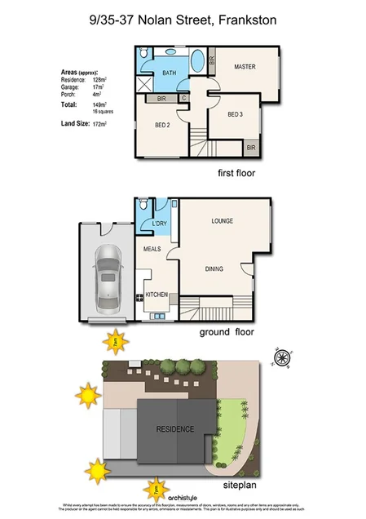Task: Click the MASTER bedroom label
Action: [x=245, y=67]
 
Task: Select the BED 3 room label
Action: [x=236, y=113]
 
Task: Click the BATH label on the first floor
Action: [x=169, y=73]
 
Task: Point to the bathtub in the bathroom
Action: [x=198, y=63]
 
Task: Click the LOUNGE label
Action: [x=223, y=221]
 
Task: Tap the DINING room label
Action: [x=214, y=268]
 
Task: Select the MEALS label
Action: [x=152, y=249]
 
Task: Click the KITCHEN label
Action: [x=157, y=294]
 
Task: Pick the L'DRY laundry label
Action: [x=159, y=224]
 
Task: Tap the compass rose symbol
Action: [x=282, y=357]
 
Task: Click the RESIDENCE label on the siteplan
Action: [x=175, y=429]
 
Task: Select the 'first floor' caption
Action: [x=236, y=173]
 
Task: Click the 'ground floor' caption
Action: [x=227, y=332]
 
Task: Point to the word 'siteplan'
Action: [x=241, y=484]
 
